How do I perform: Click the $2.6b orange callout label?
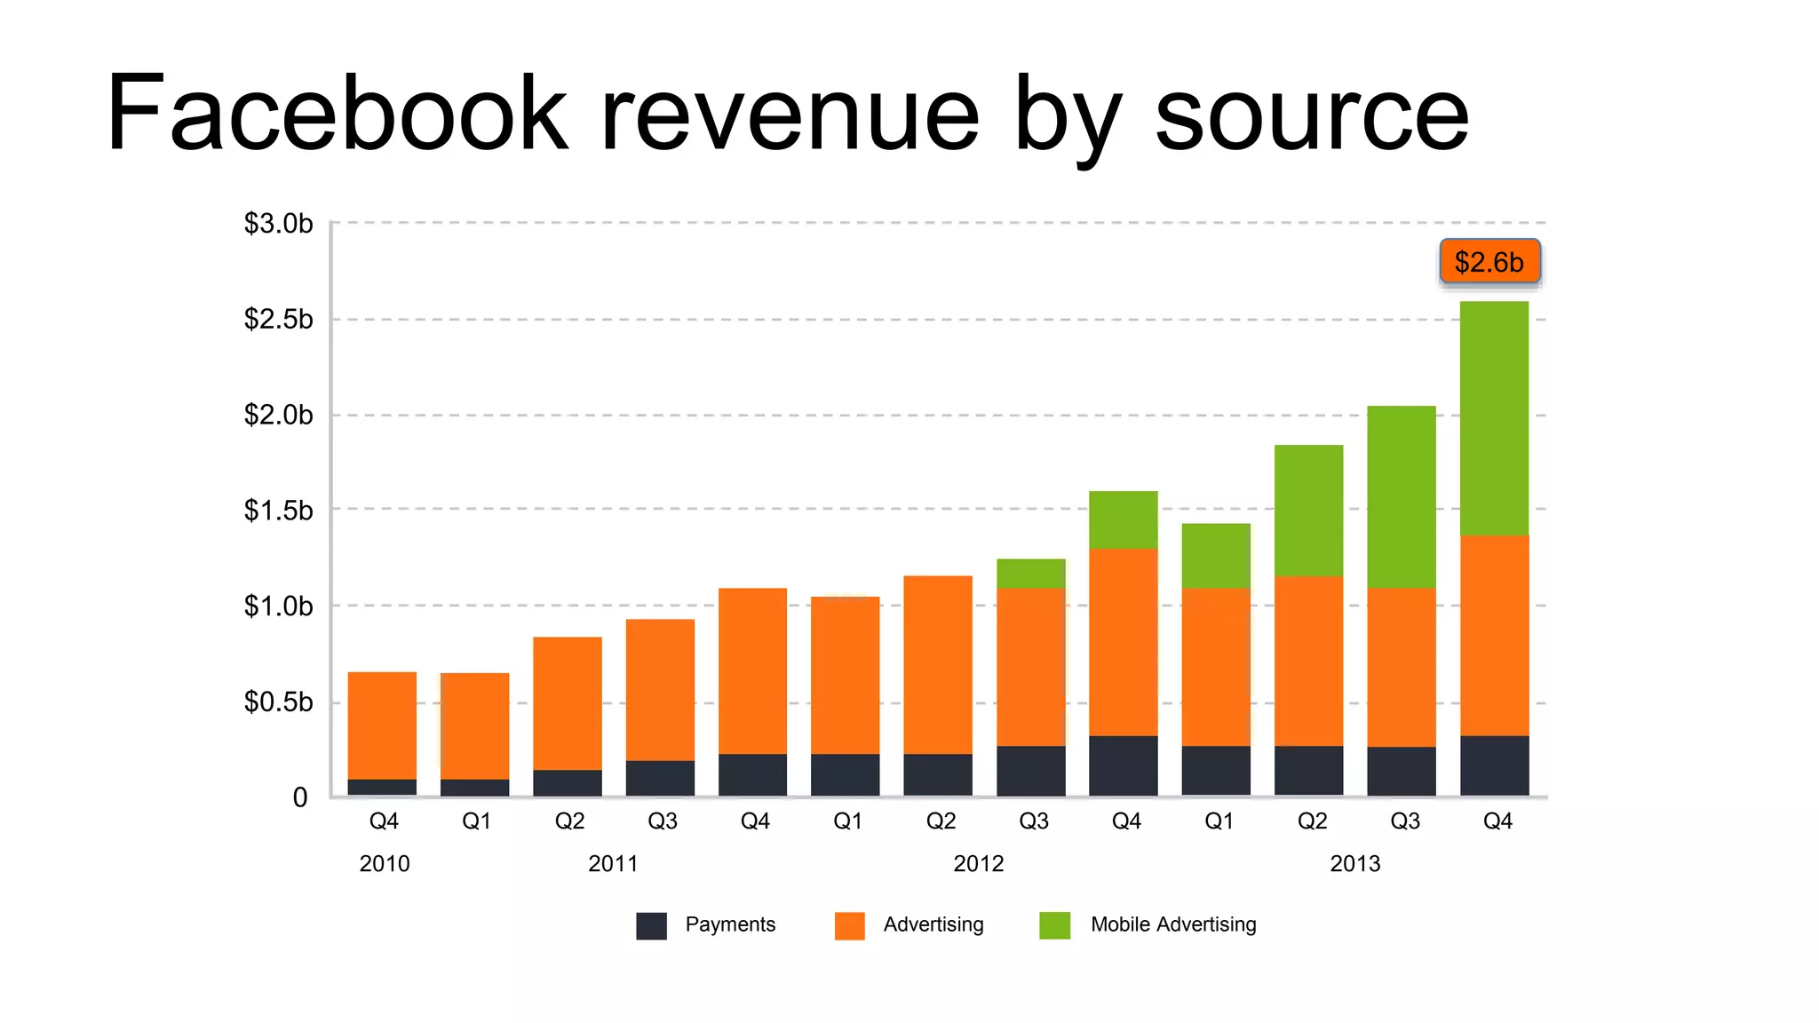coord(1489,262)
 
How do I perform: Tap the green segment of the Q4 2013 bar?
coord(1494,417)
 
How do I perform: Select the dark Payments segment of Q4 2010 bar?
coord(382,787)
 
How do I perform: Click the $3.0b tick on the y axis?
coord(278,224)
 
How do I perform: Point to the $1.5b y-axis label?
coord(278,511)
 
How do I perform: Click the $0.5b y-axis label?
coord(278,702)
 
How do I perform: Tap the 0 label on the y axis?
coord(300,797)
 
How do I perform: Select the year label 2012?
coord(978,863)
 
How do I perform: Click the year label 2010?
coord(384,863)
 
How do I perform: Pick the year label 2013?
coord(1354,863)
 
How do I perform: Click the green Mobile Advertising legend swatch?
coord(1054,925)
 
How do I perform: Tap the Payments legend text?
coord(730,924)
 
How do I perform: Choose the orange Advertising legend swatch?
coord(849,925)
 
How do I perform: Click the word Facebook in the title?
coord(336,115)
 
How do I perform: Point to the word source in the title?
coord(1311,115)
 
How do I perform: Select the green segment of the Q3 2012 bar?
coord(1030,574)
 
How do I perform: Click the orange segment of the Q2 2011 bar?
coord(568,703)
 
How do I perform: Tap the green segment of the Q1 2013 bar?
coord(1216,556)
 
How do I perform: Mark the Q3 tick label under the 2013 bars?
coord(1404,821)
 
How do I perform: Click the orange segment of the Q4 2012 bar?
coord(1123,642)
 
